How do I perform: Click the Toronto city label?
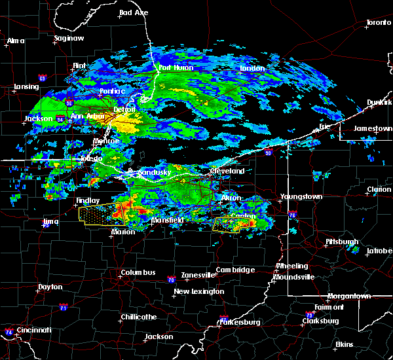point(378,22)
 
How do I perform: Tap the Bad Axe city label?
point(134,12)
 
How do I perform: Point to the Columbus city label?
point(138,272)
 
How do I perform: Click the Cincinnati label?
point(33,330)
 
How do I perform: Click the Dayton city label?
point(50,287)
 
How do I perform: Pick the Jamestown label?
point(373,128)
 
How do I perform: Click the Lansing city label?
point(26,86)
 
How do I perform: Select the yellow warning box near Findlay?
point(102,213)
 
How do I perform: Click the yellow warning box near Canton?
point(234,225)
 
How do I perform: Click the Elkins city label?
point(344,344)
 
